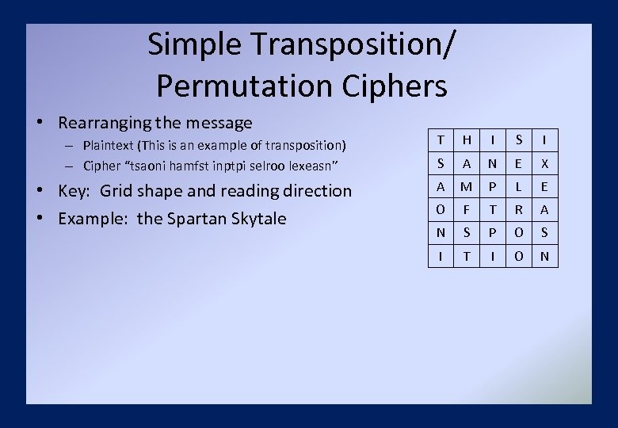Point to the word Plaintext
(108, 145)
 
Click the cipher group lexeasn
(315, 166)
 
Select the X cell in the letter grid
(544, 163)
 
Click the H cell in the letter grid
(467, 140)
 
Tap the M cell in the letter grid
(467, 187)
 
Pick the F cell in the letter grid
(467, 210)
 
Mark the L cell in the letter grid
(519, 187)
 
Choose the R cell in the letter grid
(519, 210)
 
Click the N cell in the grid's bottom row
(544, 256)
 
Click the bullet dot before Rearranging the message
(39, 124)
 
